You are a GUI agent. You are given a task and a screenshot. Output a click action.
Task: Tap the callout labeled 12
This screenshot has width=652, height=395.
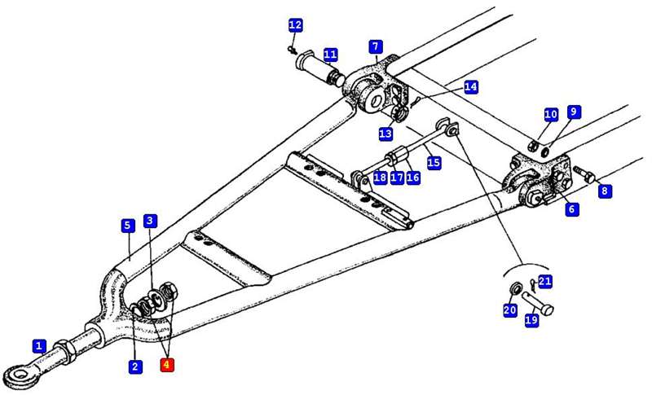(x=295, y=25)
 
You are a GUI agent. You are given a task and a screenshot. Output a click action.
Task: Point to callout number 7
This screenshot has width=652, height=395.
(x=375, y=46)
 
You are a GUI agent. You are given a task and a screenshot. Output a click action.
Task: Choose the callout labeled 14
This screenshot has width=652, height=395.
(x=471, y=86)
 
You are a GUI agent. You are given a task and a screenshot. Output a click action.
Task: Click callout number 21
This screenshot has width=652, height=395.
(x=545, y=282)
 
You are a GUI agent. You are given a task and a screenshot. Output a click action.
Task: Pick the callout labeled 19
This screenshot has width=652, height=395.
(x=531, y=321)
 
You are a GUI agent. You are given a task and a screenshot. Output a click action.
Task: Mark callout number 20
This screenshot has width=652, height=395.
(x=510, y=310)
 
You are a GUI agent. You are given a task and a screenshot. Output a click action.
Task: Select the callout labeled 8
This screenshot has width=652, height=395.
(x=604, y=191)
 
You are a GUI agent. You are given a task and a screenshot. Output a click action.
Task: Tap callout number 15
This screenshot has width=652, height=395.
(x=434, y=163)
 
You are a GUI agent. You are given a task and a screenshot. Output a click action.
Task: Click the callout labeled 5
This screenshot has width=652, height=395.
(x=127, y=225)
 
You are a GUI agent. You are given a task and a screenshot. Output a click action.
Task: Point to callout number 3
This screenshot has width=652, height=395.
(x=150, y=221)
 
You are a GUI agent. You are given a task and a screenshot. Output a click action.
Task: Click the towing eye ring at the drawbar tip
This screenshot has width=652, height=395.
(x=16, y=375)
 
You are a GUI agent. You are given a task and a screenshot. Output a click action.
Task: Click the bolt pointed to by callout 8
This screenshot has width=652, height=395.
(x=582, y=173)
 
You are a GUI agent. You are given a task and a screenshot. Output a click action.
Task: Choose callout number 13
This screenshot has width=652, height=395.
(x=385, y=133)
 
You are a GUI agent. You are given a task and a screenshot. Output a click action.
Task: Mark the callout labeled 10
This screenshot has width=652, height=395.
(x=551, y=115)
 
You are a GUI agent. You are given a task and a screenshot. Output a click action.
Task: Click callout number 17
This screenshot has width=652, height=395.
(x=397, y=178)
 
